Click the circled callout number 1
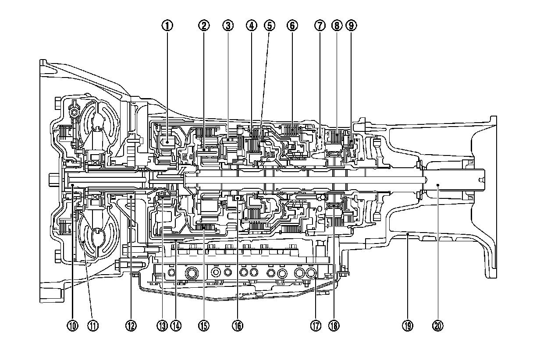(x=167, y=25)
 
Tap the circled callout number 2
(x=203, y=25)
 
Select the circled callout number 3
(x=227, y=25)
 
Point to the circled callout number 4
(x=251, y=25)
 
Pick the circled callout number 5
(x=269, y=25)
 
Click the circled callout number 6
(x=292, y=25)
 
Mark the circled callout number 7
(x=319, y=25)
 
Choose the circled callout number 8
(x=337, y=25)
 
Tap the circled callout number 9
(x=351, y=25)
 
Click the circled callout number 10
(x=72, y=325)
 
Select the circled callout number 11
(x=92, y=325)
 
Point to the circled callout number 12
(x=131, y=325)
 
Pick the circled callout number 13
(x=162, y=325)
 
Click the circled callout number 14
(x=176, y=325)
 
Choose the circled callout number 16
(x=238, y=325)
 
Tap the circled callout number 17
(x=315, y=325)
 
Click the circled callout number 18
(x=334, y=325)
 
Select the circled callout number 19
(x=407, y=325)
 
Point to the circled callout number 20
(x=437, y=325)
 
